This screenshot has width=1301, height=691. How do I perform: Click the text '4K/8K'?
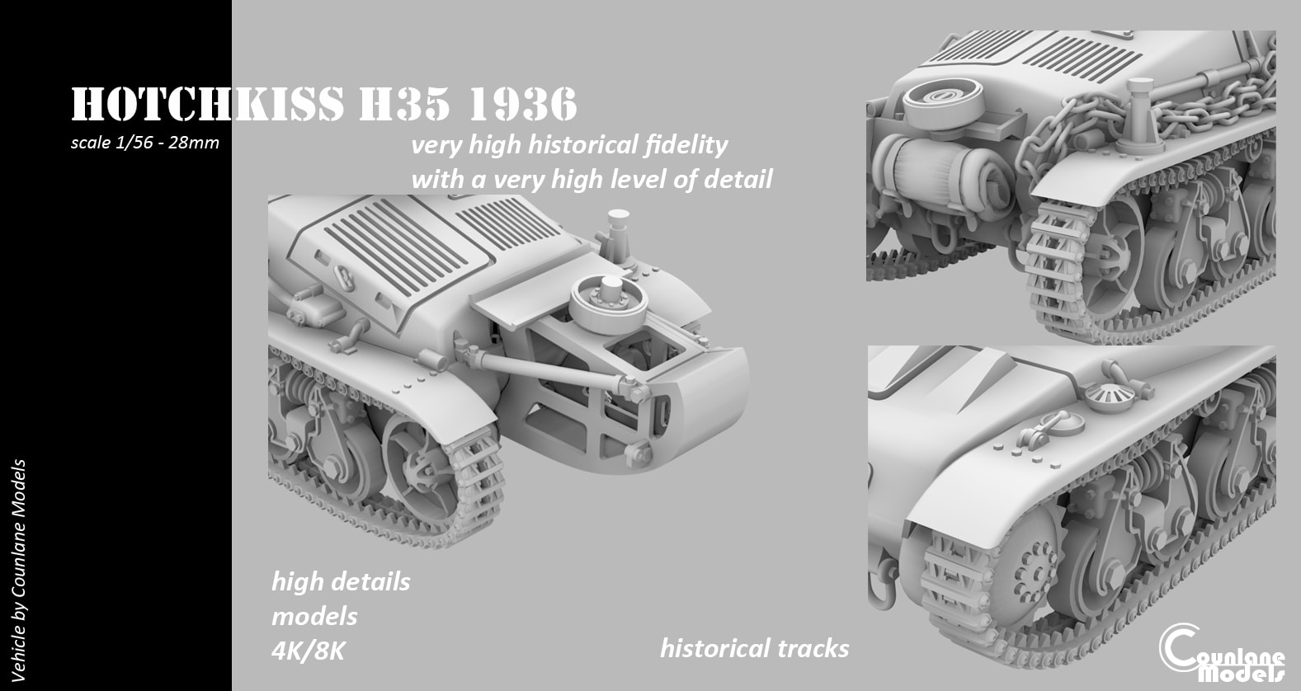[x=307, y=651]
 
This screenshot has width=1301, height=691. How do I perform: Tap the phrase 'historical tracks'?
[x=754, y=648]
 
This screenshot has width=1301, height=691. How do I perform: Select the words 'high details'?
[x=341, y=581]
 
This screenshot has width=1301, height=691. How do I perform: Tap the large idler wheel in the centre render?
[x=425, y=459]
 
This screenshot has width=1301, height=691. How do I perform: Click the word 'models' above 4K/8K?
[x=314, y=616]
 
